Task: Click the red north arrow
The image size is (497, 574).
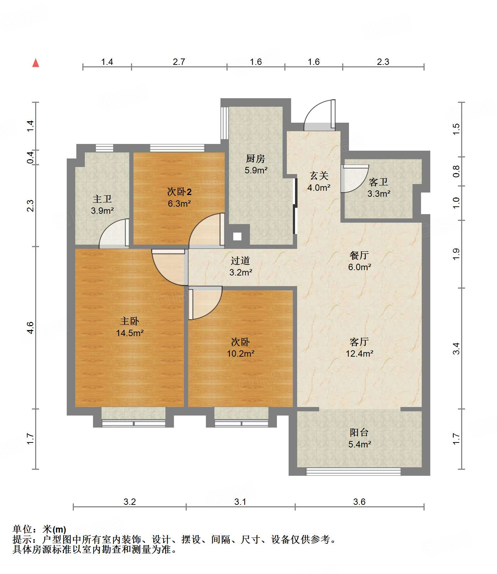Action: tap(35, 63)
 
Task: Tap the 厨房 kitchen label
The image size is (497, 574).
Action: tap(256, 158)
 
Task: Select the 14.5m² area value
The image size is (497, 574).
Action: tap(130, 333)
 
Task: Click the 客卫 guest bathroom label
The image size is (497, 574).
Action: tap(378, 182)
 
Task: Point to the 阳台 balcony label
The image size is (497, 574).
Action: tap(359, 433)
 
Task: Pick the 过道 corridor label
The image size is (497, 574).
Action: tap(240, 261)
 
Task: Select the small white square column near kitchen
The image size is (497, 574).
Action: tap(237, 236)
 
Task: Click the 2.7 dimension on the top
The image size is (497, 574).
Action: tap(179, 62)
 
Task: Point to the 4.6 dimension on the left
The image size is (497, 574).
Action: tap(31, 327)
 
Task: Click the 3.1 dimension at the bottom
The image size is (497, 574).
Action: tap(240, 502)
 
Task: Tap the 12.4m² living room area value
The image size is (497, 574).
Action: tap(360, 353)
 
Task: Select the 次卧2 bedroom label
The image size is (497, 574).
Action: tap(179, 192)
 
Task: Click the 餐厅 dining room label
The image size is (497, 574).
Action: tap(359, 255)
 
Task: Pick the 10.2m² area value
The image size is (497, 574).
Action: tap(241, 353)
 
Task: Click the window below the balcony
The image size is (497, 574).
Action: tap(354, 472)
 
